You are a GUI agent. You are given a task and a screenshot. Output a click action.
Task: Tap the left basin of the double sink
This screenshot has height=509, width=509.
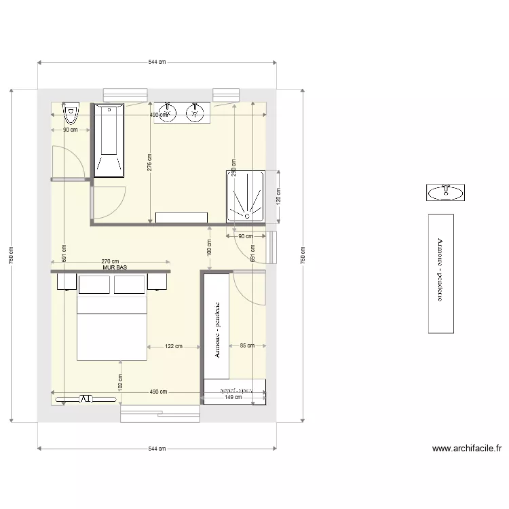click(x=166, y=112)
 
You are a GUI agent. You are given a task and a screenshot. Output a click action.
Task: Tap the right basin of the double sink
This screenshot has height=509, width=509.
click(x=195, y=112)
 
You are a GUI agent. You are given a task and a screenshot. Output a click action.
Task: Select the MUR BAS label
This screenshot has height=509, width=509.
click(x=115, y=268)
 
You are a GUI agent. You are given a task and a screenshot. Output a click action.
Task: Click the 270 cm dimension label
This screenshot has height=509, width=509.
click(x=110, y=261)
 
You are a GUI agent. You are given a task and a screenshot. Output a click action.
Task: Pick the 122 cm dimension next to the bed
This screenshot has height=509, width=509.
click(x=174, y=346)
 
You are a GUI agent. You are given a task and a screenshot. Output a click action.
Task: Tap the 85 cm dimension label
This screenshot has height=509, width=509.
click(x=246, y=346)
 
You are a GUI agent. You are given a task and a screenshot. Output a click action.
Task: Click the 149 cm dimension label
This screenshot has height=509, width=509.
click(x=233, y=397)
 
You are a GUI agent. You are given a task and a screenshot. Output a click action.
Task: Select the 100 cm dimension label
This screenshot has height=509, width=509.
click(x=209, y=247)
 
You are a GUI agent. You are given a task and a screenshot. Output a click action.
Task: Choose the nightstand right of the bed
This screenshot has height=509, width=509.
click(x=158, y=281)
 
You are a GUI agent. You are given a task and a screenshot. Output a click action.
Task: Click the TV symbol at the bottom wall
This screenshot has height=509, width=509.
click(x=86, y=399)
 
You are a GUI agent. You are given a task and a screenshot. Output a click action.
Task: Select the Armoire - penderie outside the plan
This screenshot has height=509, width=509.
click(x=440, y=273)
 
